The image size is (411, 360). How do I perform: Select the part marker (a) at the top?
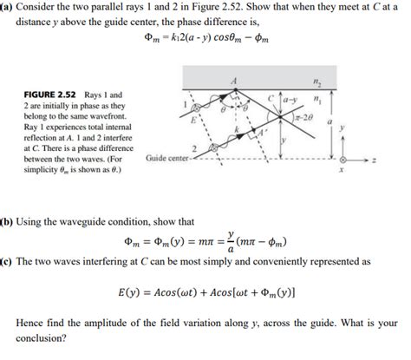click(x=9, y=7)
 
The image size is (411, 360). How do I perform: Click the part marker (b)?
click(x=9, y=222)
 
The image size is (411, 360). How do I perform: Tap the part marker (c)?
click(x=8, y=260)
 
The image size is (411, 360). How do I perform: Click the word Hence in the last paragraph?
click(x=32, y=323)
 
